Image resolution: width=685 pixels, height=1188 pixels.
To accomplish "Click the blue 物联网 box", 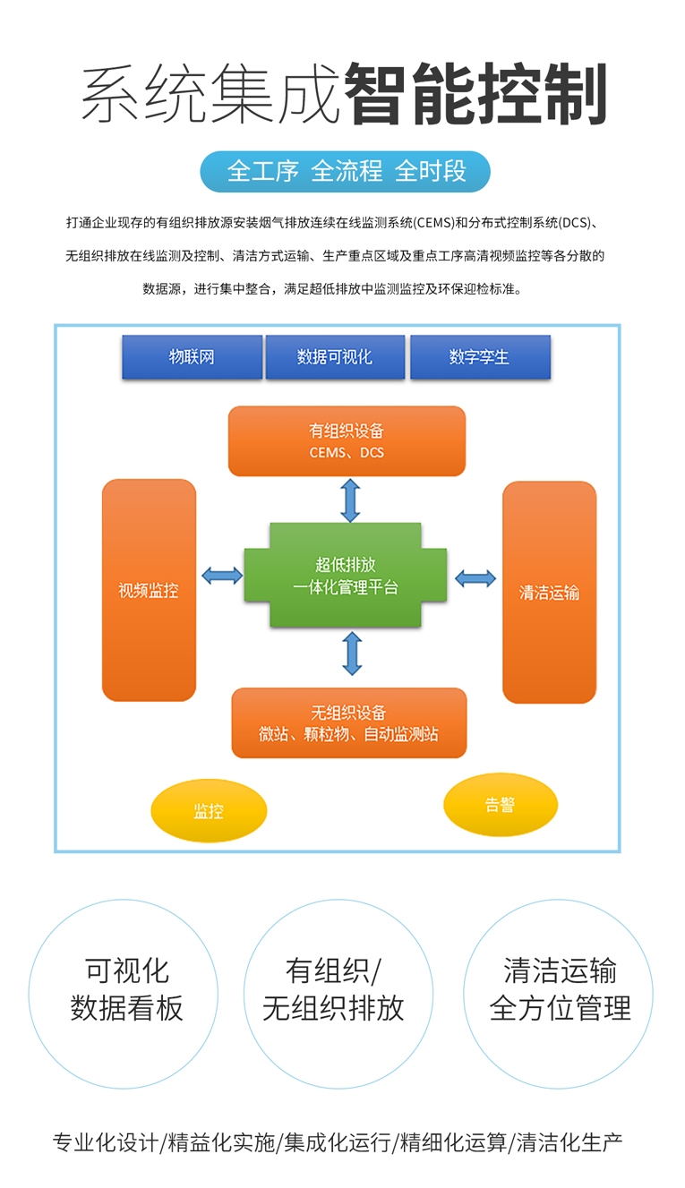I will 192,357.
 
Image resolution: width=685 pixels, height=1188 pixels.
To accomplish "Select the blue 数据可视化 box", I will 335,357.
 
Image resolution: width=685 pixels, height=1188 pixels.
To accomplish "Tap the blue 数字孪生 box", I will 480,357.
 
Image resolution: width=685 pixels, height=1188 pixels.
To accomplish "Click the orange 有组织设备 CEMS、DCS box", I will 347,441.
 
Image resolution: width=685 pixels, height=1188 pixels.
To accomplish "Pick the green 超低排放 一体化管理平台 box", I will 346,576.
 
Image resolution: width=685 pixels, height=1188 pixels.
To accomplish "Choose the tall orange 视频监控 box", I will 149,590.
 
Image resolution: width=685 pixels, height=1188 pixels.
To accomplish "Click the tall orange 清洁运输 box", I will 549,592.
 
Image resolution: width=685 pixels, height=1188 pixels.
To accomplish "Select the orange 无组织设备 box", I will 348,722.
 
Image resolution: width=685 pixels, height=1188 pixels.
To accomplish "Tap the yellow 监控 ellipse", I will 209,811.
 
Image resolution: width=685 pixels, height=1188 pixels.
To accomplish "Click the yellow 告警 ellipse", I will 501,805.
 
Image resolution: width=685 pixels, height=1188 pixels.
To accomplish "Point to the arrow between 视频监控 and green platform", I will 222,576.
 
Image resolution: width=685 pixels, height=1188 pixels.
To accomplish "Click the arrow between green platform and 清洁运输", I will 475,578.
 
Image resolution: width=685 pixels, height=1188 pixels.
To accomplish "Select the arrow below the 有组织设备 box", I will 350,500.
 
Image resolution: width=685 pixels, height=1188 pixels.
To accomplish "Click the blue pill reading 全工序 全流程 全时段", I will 346,171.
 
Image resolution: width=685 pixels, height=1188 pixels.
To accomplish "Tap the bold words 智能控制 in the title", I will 475,93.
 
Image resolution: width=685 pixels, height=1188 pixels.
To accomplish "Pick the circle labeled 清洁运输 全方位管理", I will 558,993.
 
